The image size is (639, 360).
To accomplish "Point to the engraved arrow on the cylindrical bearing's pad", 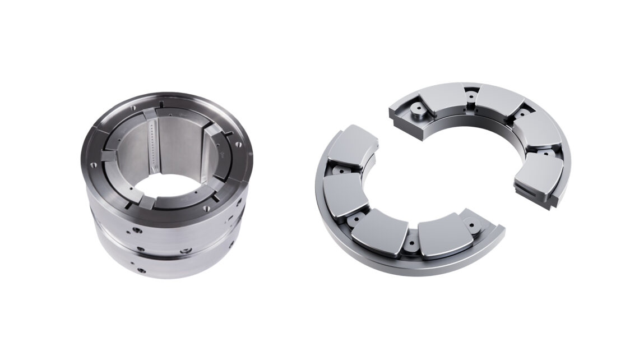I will [x=223, y=151].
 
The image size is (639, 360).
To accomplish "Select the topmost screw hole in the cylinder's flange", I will [x=161, y=104].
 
